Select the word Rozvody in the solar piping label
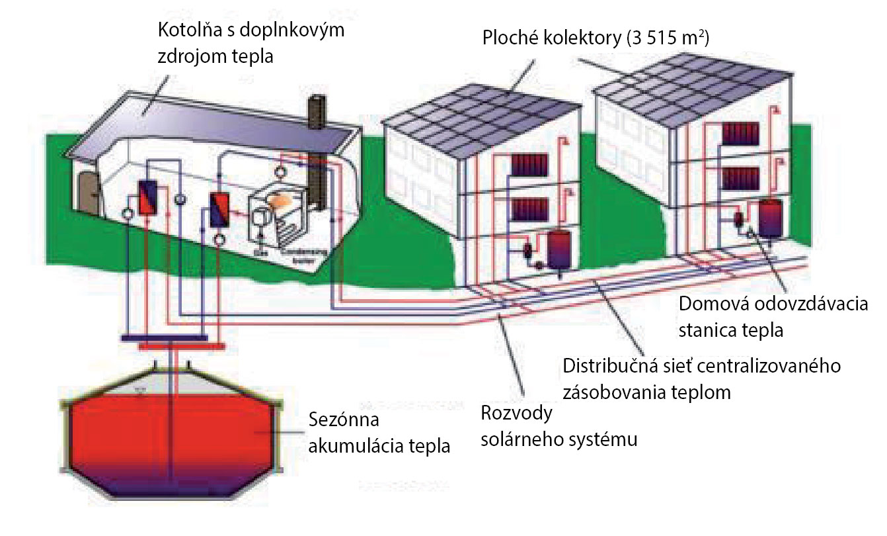(515, 414)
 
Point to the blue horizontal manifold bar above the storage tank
(165, 337)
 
